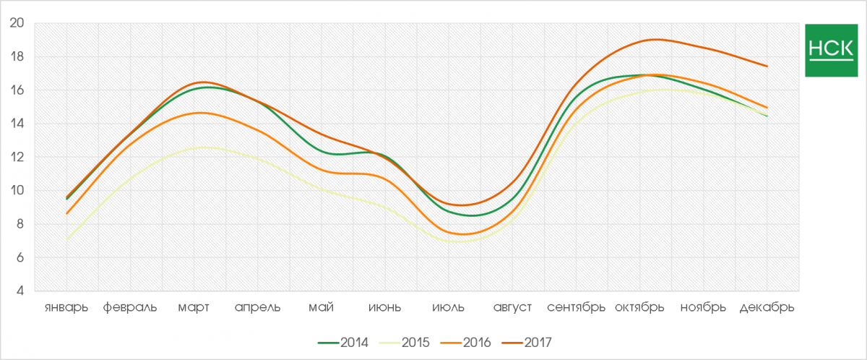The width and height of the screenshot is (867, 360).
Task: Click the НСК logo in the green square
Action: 830,50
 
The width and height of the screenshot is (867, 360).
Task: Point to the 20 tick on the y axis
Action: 17,23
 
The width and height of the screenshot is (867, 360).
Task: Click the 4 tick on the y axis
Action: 21,291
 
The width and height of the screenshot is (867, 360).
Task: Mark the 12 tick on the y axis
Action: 17,157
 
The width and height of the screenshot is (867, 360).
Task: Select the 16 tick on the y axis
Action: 17,90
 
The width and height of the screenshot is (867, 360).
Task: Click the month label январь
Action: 66,307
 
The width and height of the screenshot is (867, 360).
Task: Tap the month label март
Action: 194,307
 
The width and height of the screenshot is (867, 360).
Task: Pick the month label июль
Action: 449,307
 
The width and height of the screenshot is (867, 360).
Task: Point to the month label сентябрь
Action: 576,307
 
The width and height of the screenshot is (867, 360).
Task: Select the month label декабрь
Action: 767,307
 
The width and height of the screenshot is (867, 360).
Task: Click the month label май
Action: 321,307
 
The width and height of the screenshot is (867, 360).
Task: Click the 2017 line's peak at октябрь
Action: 655,40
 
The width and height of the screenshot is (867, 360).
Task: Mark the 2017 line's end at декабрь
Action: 767,66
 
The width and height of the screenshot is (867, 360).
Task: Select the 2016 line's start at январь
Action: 66,214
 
